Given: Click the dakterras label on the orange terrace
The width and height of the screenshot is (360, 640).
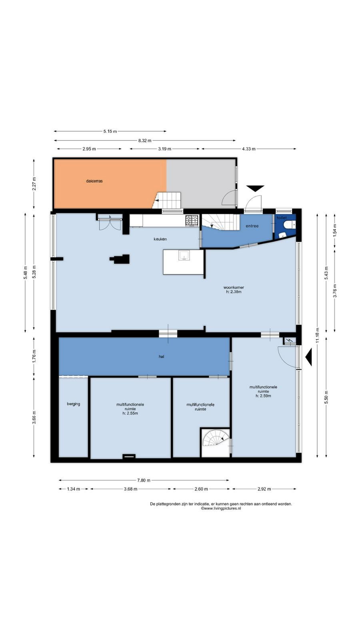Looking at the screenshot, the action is point(94,181).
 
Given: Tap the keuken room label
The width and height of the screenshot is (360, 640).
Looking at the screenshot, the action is point(160,239).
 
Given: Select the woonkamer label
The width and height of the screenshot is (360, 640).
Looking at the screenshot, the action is point(234,288).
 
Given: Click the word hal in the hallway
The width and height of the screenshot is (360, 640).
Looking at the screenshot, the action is point(162,356).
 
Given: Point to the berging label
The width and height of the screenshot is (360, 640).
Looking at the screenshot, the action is point(74,404).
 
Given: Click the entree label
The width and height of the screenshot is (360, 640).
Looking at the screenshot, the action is point(252,226).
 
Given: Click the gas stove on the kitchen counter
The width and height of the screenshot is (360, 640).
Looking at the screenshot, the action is point(192,220).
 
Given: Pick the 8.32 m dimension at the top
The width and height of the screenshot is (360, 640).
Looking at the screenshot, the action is point(144,140).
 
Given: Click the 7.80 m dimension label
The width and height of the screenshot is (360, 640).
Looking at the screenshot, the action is point(144,480).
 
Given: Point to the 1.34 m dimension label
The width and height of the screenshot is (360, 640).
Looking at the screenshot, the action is point(74,489).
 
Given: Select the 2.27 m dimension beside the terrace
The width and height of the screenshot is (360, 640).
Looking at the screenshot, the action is point(34,184).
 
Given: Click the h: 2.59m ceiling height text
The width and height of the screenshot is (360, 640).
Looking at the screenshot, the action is point(263,396).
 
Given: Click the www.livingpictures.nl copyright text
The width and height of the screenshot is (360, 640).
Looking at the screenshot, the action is point(221,508).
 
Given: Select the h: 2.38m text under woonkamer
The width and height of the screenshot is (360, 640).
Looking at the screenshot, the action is point(234,292).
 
